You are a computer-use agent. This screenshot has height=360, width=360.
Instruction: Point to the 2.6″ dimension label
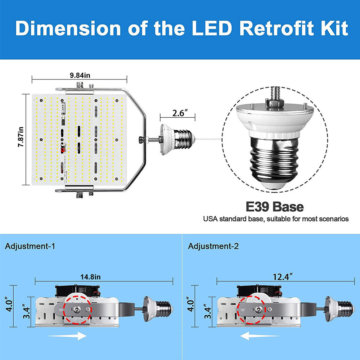pos(177,113)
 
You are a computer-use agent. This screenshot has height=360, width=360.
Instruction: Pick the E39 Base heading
pos(274,207)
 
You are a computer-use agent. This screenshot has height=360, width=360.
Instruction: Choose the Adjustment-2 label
pos(213,247)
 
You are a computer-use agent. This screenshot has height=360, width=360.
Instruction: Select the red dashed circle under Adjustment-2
pos(252,309)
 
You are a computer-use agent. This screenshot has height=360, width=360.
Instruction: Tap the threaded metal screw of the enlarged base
pos(274,162)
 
